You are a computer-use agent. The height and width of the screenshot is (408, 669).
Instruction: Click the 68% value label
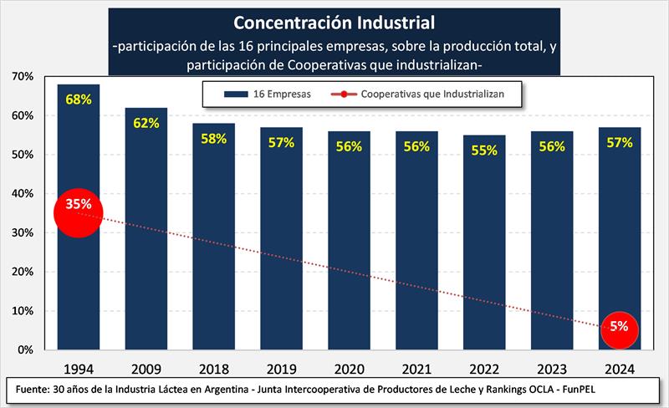(x=78, y=99)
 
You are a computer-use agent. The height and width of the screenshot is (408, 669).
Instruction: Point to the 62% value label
(x=146, y=123)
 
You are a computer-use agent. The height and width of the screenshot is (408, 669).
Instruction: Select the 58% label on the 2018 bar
(x=213, y=138)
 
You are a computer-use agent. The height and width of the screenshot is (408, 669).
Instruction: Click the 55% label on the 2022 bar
(x=484, y=150)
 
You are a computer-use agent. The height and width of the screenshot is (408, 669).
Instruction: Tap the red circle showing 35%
(x=78, y=212)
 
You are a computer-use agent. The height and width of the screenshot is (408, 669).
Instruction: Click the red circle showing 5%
(x=620, y=327)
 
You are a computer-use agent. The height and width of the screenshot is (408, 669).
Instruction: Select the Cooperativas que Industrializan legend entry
(x=418, y=94)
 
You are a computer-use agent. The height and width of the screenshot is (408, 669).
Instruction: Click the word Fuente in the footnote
(x=33, y=390)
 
